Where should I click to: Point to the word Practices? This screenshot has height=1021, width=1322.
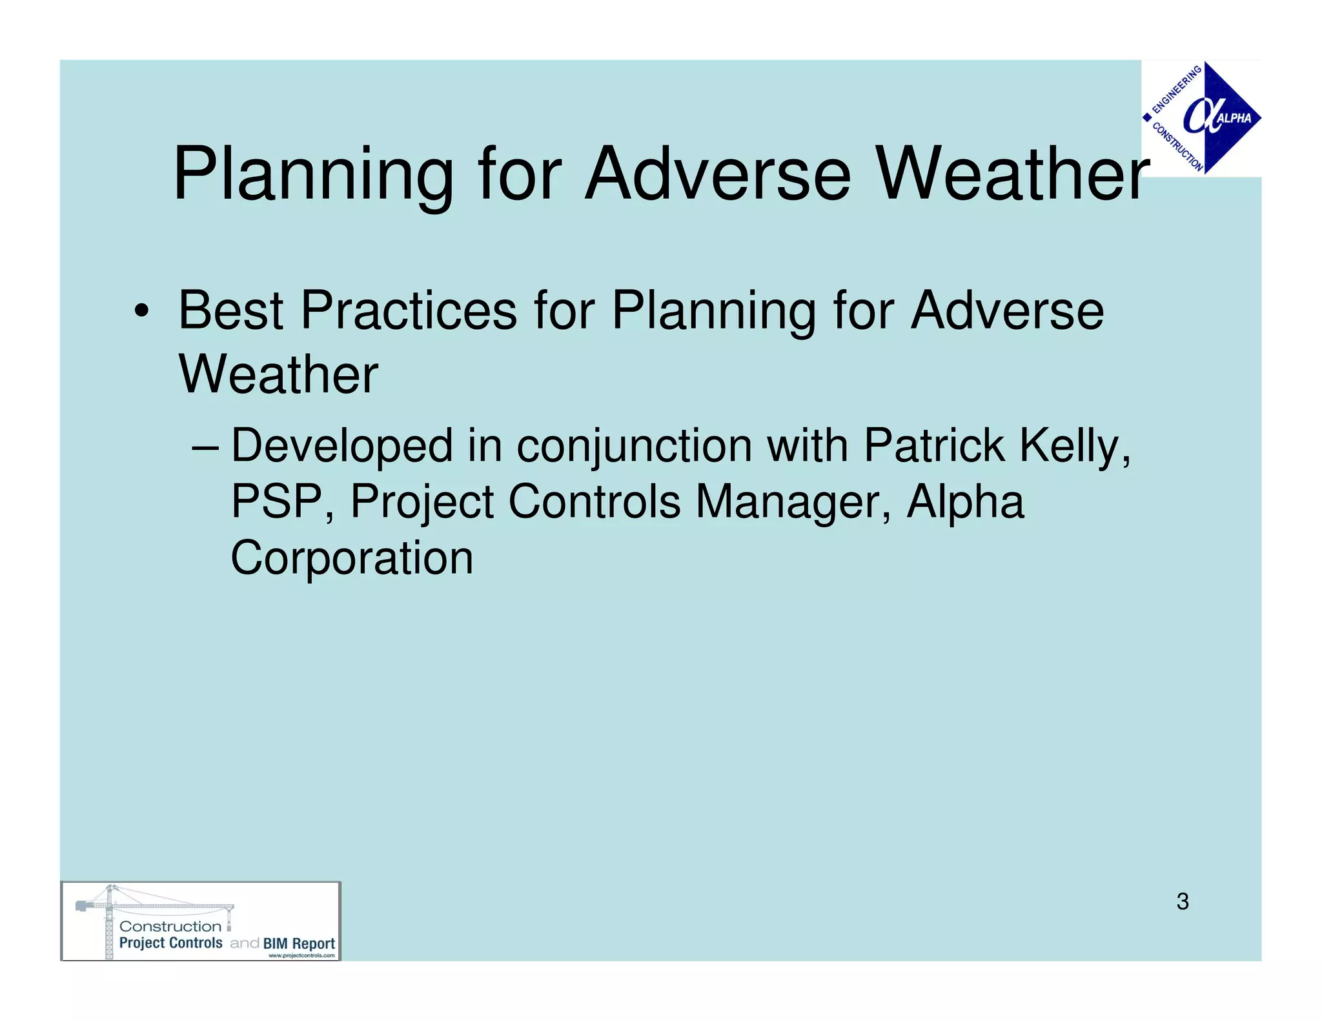click(x=409, y=311)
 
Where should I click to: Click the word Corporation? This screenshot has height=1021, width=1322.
click(x=352, y=558)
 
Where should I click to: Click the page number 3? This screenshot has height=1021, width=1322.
click(x=1182, y=902)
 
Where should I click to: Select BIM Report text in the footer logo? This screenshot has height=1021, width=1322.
click(x=299, y=943)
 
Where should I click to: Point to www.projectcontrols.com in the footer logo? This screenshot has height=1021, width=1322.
click(x=301, y=956)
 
